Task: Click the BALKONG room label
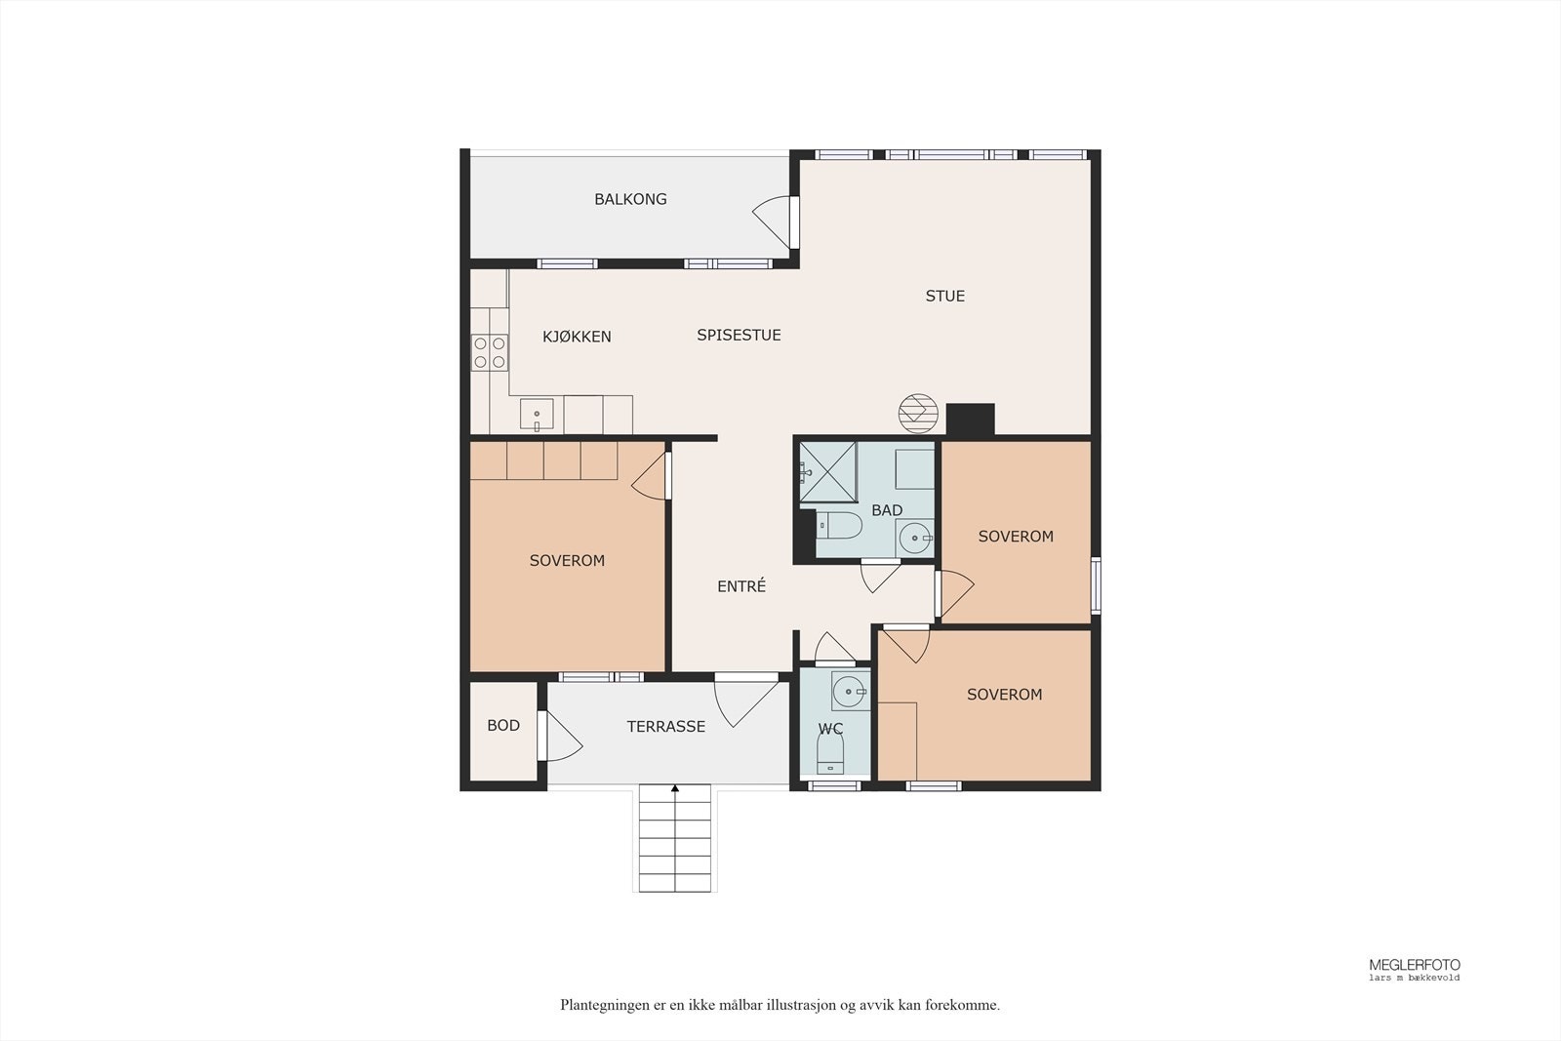tap(630, 199)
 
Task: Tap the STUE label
tap(945, 297)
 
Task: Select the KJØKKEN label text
tap(577, 337)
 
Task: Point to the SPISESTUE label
tap(739, 336)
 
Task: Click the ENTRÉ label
tap(741, 586)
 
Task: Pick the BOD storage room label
tap(503, 725)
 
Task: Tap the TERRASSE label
tap(665, 727)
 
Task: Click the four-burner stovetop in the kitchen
tap(489, 352)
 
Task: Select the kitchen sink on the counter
tap(537, 414)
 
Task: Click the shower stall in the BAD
tap(828, 472)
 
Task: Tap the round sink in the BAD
tap(914, 538)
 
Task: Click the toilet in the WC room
tap(829, 753)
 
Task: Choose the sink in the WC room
tap(850, 691)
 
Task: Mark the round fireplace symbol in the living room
tap(918, 414)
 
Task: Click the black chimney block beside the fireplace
tap(970, 420)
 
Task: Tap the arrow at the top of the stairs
tap(674, 788)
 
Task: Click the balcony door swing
tap(774, 221)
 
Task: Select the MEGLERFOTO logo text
tap(1415, 965)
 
